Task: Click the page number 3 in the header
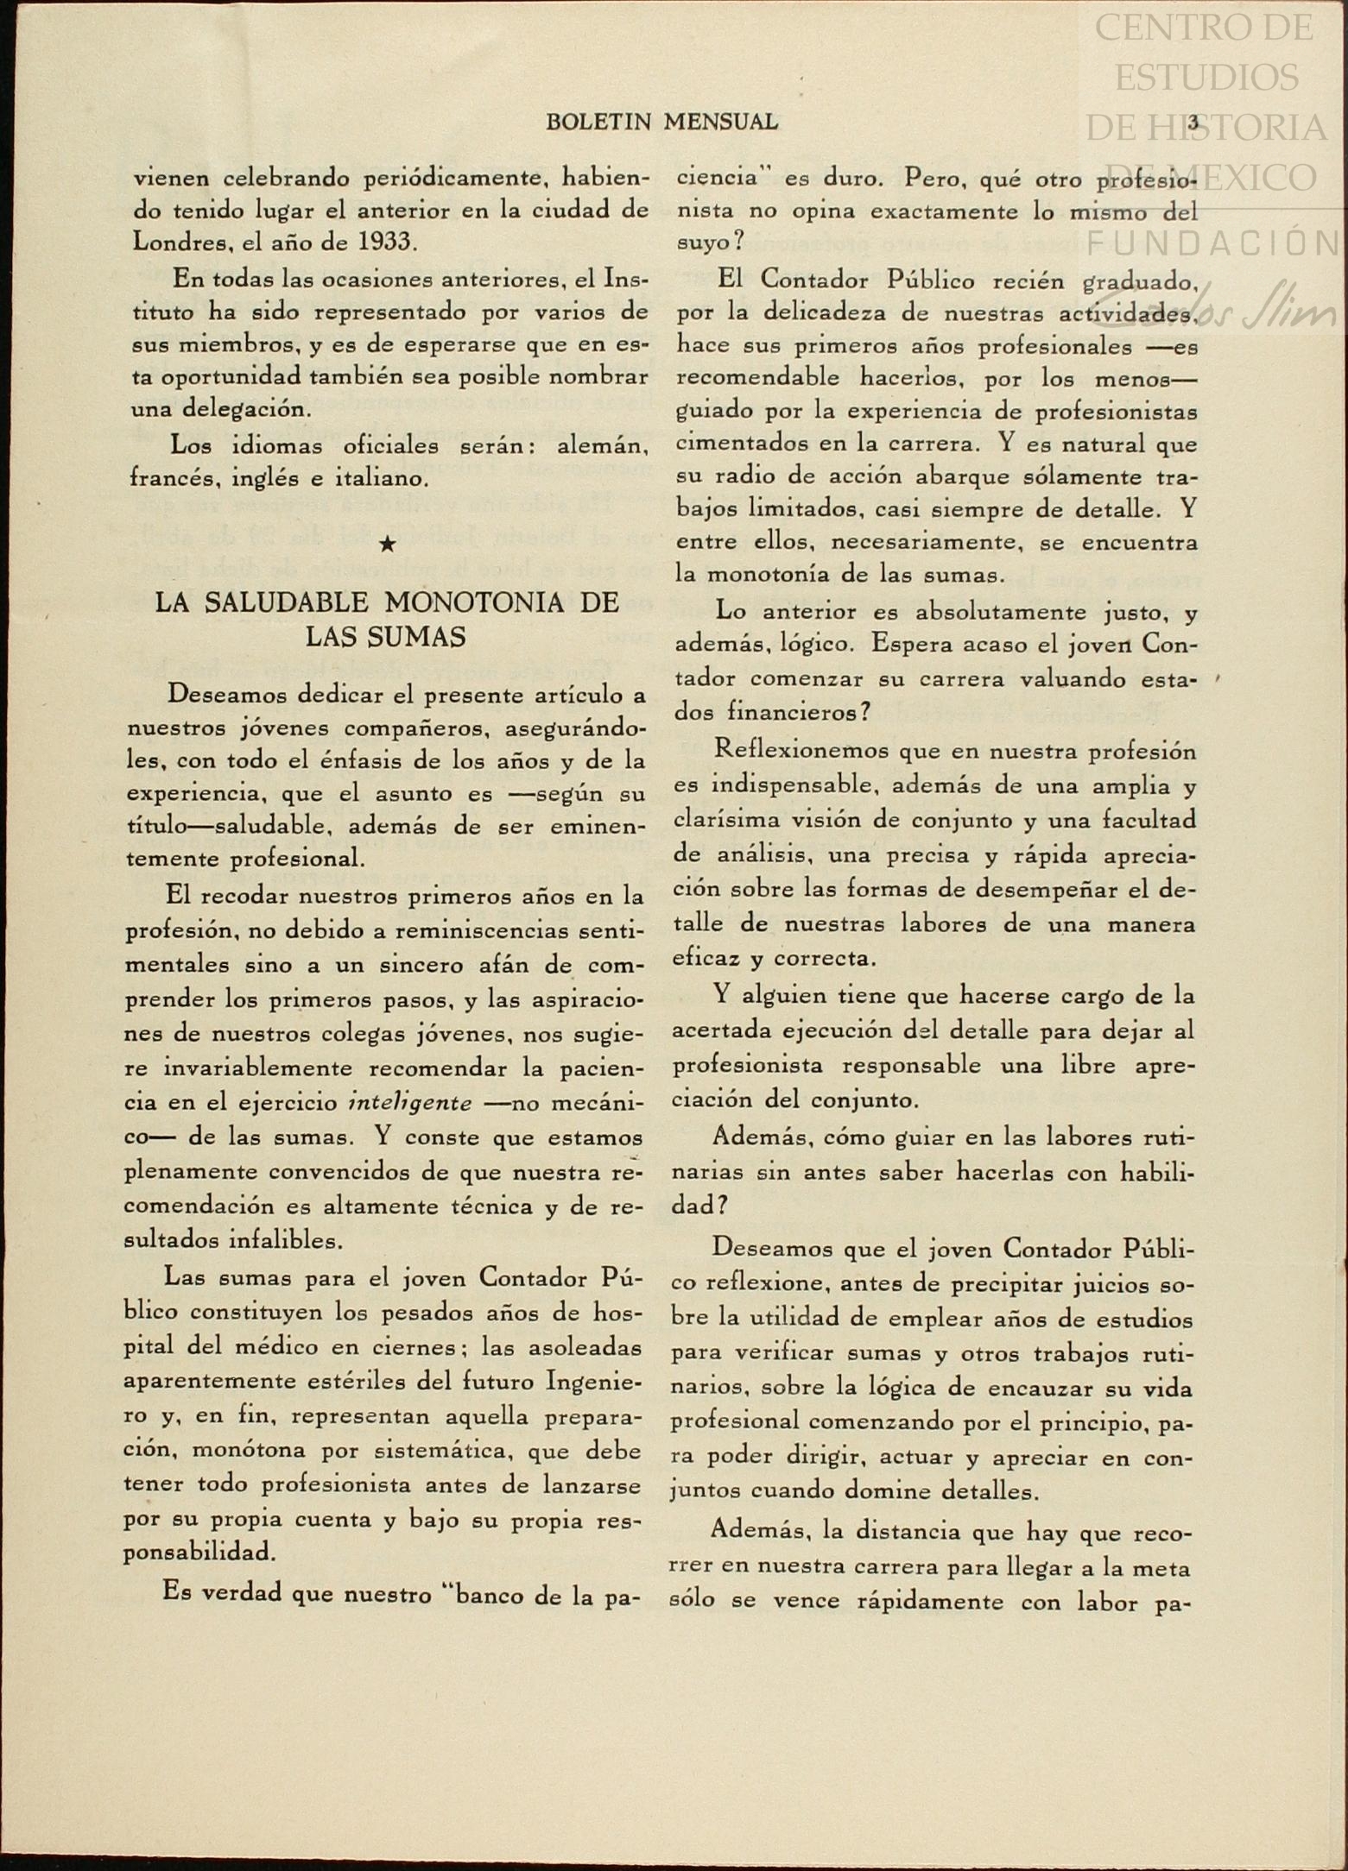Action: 1193,123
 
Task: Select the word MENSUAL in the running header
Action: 721,123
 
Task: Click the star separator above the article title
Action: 389,544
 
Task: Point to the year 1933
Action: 384,242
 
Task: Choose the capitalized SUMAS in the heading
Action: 419,637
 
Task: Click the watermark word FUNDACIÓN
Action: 1213,243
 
